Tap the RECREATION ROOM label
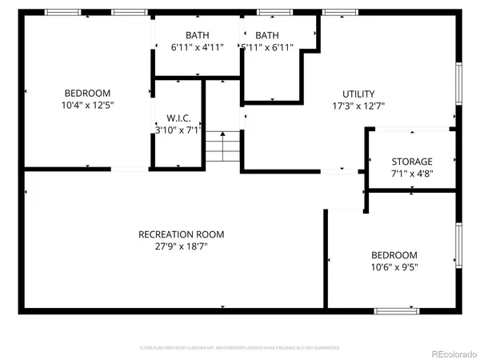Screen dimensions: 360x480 (x=182, y=234)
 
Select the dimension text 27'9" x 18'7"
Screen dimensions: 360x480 (x=182, y=247)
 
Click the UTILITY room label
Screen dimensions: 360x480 (x=358, y=94)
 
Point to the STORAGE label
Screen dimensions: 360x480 (x=412, y=161)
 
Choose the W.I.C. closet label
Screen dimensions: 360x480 (x=178, y=117)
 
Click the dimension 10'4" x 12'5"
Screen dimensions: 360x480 (x=88, y=105)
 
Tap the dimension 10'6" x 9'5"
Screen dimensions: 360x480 (x=394, y=267)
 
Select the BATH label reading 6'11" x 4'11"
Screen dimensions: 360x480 (x=197, y=35)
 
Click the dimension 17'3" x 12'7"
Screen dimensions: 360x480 (x=358, y=106)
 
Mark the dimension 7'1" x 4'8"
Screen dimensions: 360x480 (x=412, y=173)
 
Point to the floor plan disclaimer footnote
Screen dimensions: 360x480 (x=240, y=348)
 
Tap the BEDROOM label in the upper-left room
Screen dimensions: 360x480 (x=88, y=93)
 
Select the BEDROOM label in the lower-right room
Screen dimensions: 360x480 (x=394, y=255)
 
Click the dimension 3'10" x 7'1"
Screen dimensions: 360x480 (x=178, y=129)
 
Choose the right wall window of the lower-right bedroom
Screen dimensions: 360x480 (x=458, y=246)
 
